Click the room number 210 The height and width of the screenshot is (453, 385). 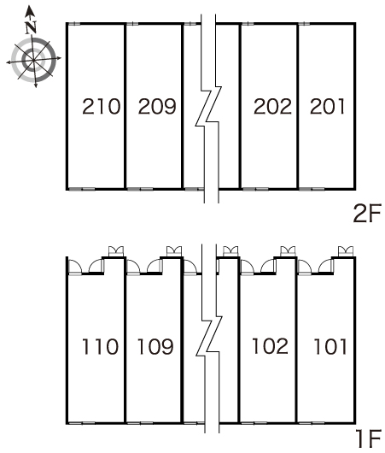101,106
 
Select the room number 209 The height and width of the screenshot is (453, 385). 157,106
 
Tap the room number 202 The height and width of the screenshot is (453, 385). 272,106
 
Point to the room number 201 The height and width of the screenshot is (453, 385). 327,106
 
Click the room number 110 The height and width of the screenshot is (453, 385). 100,346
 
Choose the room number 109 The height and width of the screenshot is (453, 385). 155,346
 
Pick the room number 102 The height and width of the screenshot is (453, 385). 270,346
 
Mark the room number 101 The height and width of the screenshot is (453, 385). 330,346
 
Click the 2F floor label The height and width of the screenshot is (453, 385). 367,213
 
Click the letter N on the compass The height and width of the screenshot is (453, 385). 31,27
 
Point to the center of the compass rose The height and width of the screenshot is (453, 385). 34,60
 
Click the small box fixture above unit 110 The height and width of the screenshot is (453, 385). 116,251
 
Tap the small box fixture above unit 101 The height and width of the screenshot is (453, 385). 346,251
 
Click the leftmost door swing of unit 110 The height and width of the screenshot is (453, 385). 75,266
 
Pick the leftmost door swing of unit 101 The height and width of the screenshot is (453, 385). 305,266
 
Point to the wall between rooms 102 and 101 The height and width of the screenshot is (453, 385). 296,340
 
